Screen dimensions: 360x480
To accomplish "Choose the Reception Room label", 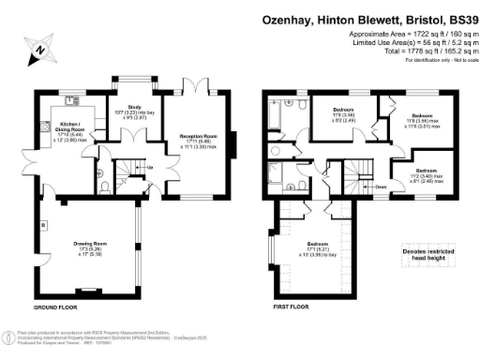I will point(198,136).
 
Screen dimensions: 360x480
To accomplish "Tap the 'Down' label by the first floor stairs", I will point(381,187).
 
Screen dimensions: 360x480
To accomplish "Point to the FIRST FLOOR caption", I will point(285,307).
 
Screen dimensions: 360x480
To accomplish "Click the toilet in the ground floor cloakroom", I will point(101,185).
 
